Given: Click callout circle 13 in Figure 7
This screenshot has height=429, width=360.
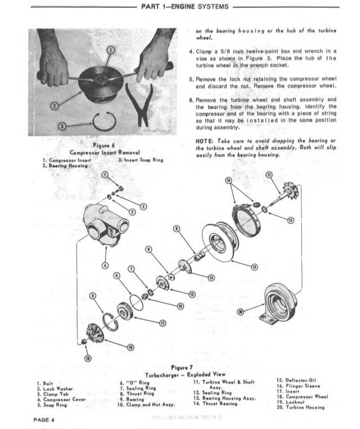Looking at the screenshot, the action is (x=256, y=266).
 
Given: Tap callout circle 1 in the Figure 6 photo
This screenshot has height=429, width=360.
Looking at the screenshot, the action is (x=111, y=51).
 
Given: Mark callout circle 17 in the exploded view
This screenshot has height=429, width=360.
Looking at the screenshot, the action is (x=163, y=324).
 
